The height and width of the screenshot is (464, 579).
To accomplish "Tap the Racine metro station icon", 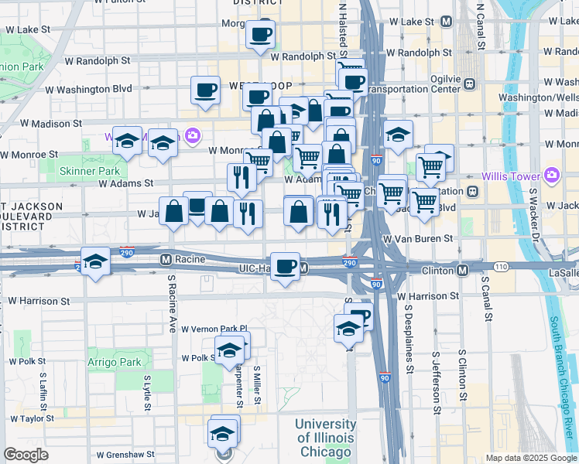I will [x=165, y=259].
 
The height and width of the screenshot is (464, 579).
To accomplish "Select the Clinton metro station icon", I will [x=462, y=270].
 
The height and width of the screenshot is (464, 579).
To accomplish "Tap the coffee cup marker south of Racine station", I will [x=286, y=265].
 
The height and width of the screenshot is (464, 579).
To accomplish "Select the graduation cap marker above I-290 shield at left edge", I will [x=95, y=261].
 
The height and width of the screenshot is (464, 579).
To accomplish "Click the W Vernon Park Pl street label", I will [x=214, y=329].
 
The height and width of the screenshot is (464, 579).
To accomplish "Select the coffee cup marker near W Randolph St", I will [x=260, y=34].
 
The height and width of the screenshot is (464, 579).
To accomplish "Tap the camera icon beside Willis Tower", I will [x=550, y=175].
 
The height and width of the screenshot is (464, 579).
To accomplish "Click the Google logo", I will [x=26, y=455].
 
